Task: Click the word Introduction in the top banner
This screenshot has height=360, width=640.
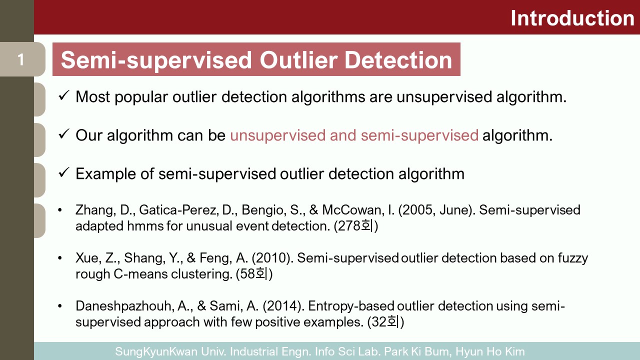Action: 572,18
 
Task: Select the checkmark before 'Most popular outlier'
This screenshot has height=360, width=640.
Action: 63,95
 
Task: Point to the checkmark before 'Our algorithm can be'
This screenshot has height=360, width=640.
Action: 63,134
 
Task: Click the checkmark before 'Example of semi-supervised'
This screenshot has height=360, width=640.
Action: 63,172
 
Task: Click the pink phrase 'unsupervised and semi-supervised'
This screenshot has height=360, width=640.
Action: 354,135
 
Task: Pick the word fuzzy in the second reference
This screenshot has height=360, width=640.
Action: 573,258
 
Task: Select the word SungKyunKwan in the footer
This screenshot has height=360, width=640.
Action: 156,351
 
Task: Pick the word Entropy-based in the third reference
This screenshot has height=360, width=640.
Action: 351,306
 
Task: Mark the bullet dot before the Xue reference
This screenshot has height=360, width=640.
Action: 59,258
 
